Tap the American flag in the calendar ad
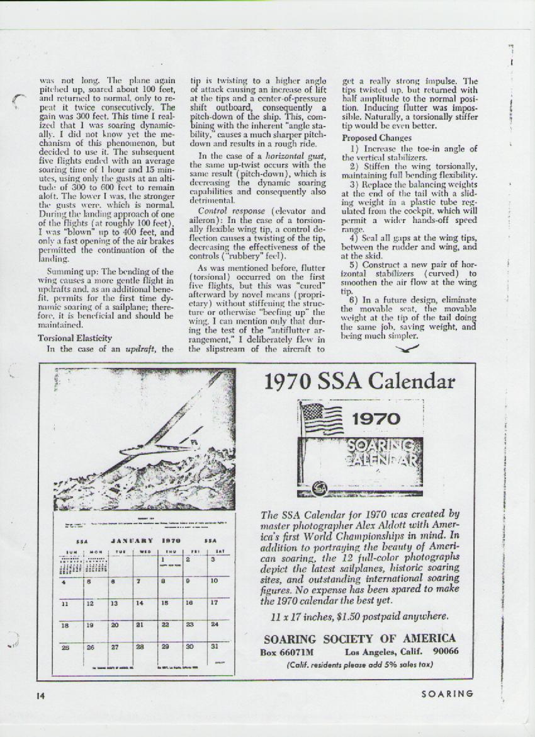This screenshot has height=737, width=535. [x=322, y=418]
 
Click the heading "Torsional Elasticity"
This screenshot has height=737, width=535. [x=66, y=338]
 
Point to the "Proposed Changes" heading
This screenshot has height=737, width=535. [x=377, y=137]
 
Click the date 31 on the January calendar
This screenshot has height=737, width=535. [x=215, y=646]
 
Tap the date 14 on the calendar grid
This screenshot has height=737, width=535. [x=139, y=603]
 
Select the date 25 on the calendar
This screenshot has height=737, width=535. [x=64, y=646]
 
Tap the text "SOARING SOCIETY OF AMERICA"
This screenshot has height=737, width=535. [x=359, y=639]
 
